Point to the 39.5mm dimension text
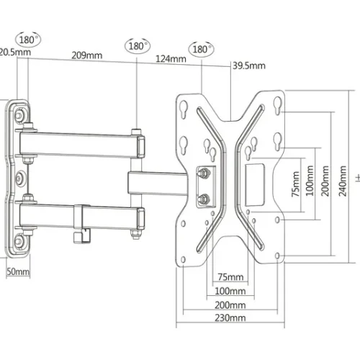point(249,66)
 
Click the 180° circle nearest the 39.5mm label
point(202,49)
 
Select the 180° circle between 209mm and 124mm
point(138,45)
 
